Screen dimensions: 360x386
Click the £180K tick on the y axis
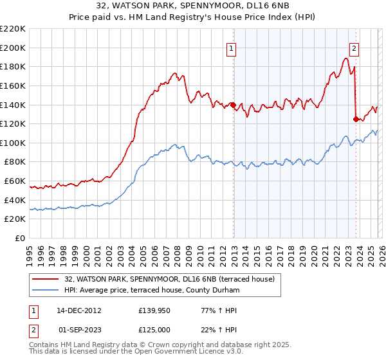[13, 66]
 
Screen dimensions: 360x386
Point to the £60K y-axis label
[15, 181]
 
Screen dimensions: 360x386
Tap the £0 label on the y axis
[21, 239]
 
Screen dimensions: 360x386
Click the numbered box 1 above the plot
[231, 47]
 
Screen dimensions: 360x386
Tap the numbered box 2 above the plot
[354, 47]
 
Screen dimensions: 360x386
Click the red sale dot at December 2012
[233, 105]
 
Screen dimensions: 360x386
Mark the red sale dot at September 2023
[356, 118]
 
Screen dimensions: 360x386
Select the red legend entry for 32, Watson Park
[170, 279]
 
